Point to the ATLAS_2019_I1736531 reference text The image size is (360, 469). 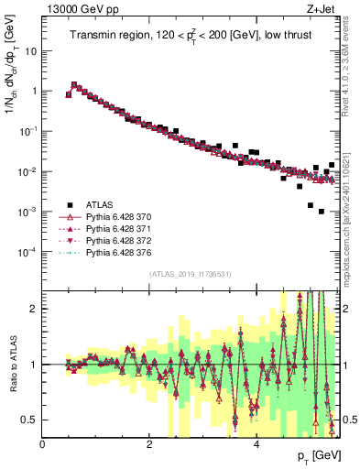[190, 274]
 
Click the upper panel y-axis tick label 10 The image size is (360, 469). [31, 51]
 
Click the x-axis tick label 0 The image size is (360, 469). [42, 444]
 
